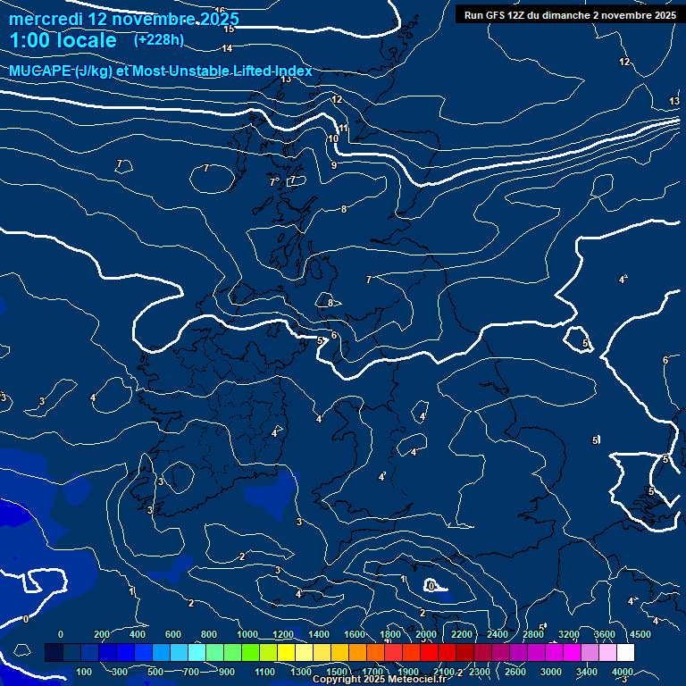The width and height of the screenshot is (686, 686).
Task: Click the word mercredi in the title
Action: click(46, 19)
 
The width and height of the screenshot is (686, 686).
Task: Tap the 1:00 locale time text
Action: click(63, 40)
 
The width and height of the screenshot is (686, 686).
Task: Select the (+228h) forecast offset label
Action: click(158, 39)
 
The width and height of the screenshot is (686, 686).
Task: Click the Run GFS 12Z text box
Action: click(570, 15)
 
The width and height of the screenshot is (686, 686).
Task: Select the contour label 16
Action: click(220, 11)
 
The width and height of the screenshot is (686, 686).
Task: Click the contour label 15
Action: click(230, 29)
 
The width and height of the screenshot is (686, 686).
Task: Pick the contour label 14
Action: click(227, 48)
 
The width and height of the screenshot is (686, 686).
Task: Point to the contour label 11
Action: click(343, 129)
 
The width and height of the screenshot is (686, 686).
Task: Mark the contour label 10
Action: click(333, 138)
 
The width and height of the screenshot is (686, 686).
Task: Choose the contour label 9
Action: click(334, 165)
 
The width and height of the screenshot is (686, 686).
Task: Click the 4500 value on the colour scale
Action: click(640, 634)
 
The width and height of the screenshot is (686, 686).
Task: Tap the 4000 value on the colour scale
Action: click(623, 671)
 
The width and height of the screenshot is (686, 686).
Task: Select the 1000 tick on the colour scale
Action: click(247, 634)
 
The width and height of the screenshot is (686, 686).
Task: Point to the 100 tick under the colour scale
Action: click(85, 671)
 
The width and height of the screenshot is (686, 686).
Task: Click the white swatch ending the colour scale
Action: click(625, 652)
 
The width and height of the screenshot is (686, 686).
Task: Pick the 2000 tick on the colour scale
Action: click(426, 634)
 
